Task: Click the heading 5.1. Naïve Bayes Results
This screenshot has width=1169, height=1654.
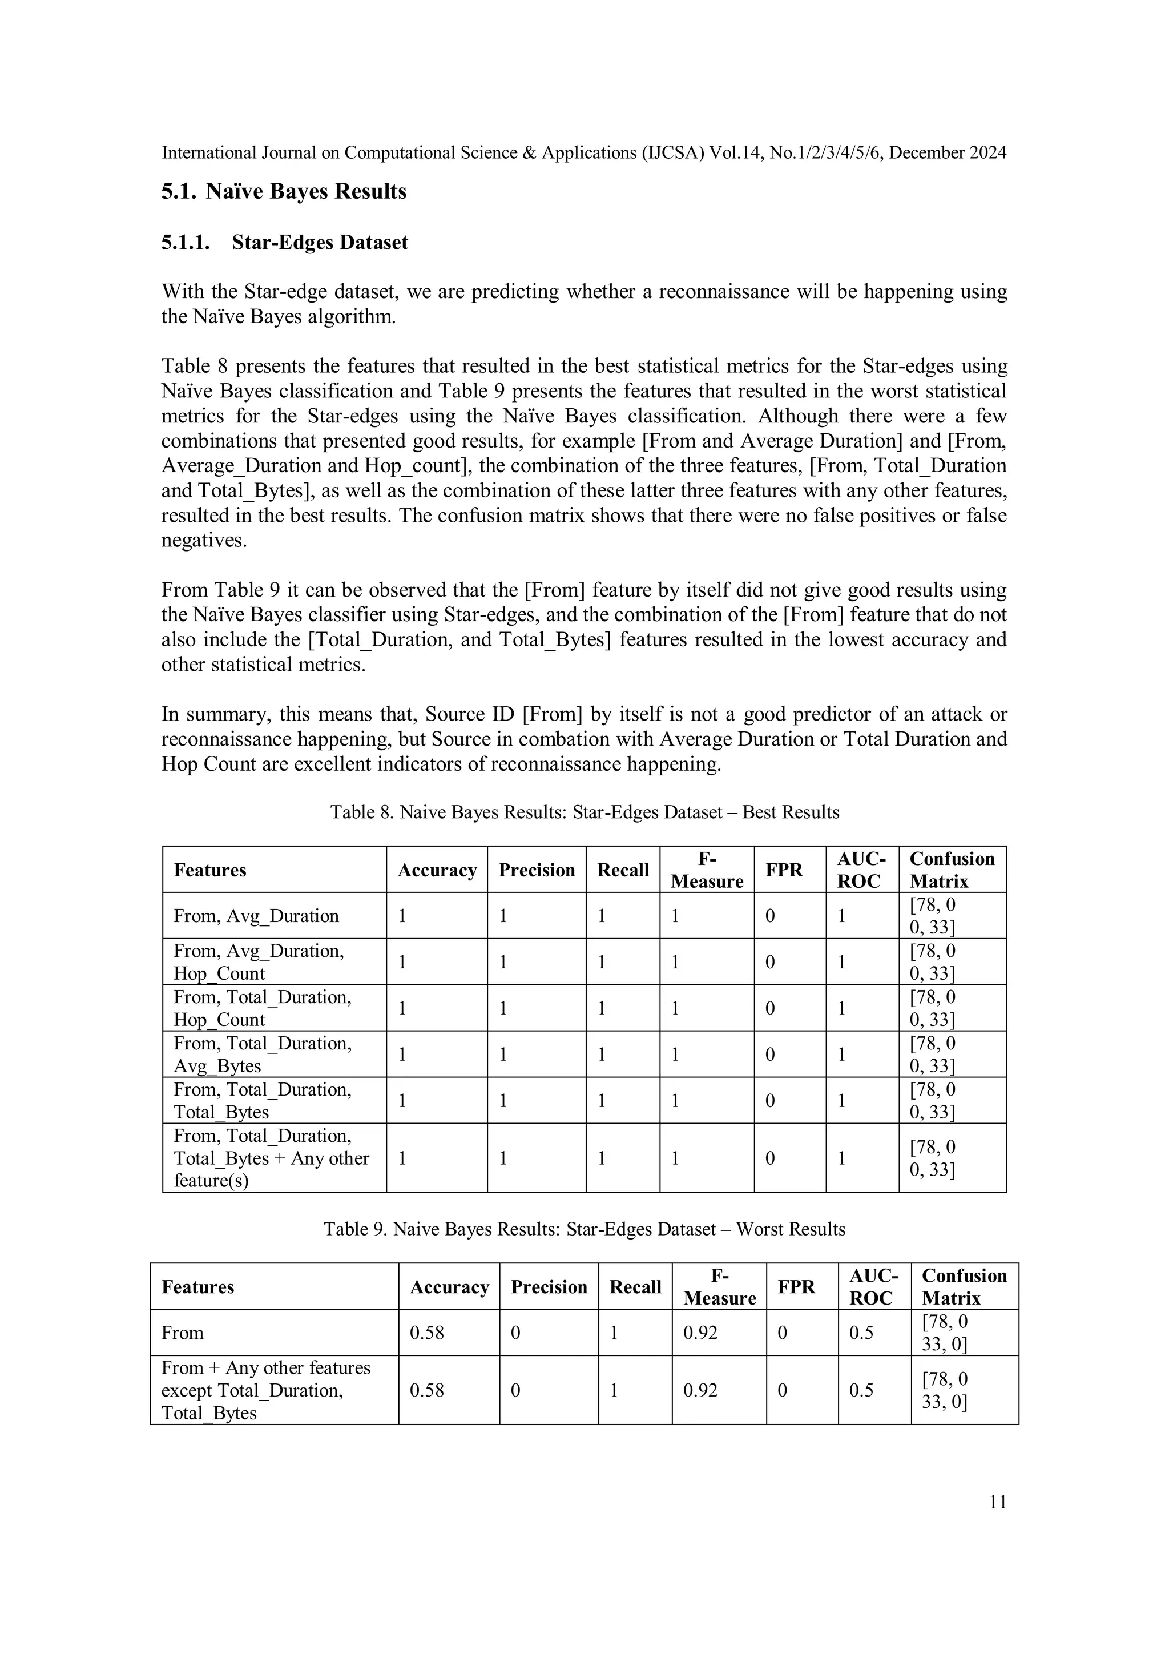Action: (x=284, y=192)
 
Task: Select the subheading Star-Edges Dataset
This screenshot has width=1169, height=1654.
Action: (x=319, y=242)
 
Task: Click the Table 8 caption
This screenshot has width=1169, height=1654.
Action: (x=584, y=812)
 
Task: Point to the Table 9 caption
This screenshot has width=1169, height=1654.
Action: (x=584, y=1229)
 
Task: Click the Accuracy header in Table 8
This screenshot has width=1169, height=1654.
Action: (x=437, y=870)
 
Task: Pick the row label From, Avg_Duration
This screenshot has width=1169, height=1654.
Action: (x=256, y=916)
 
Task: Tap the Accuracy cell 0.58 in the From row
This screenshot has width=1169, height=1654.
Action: (x=426, y=1333)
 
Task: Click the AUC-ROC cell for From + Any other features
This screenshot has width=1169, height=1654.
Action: (x=861, y=1390)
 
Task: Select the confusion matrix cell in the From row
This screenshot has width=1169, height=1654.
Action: (x=944, y=1333)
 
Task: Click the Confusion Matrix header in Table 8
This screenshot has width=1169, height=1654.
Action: (x=952, y=870)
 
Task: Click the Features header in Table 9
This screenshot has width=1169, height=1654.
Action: (x=197, y=1287)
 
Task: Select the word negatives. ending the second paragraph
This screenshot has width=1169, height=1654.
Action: (x=204, y=540)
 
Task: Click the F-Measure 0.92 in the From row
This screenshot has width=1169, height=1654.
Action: (x=700, y=1333)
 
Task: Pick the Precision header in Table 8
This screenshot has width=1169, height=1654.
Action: (x=537, y=870)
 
